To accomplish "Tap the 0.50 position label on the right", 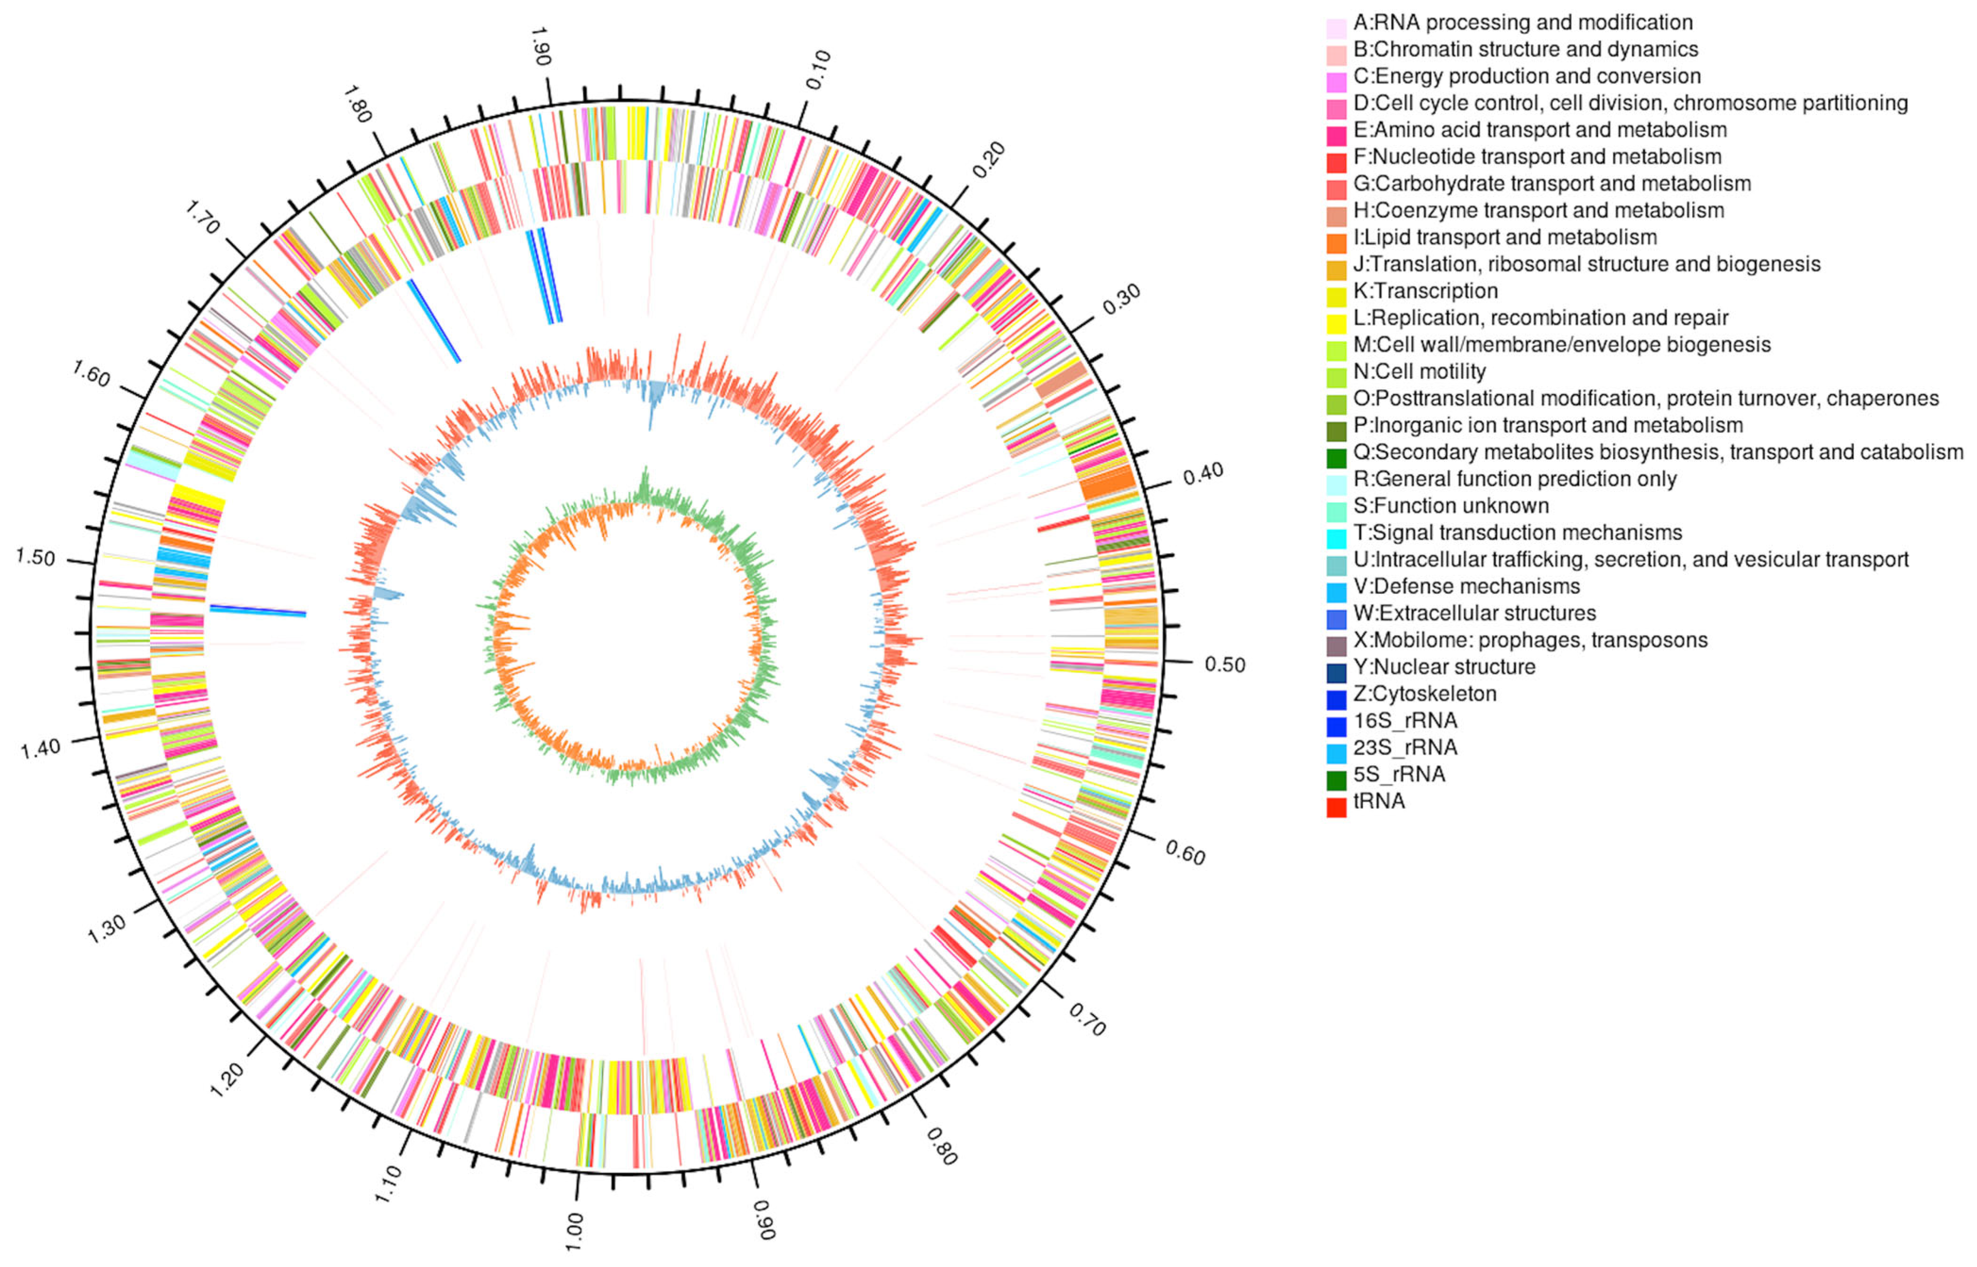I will click(x=1225, y=664).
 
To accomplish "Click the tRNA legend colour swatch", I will click(x=1336, y=802).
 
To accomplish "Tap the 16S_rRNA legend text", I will click(x=1405, y=721).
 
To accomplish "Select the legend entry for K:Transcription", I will click(x=1425, y=291).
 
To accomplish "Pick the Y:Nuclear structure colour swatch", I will click(x=1336, y=668).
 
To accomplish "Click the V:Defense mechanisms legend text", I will click(x=1466, y=587).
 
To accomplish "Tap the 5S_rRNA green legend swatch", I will click(x=1336, y=775).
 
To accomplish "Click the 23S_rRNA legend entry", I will click(x=1405, y=748).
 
